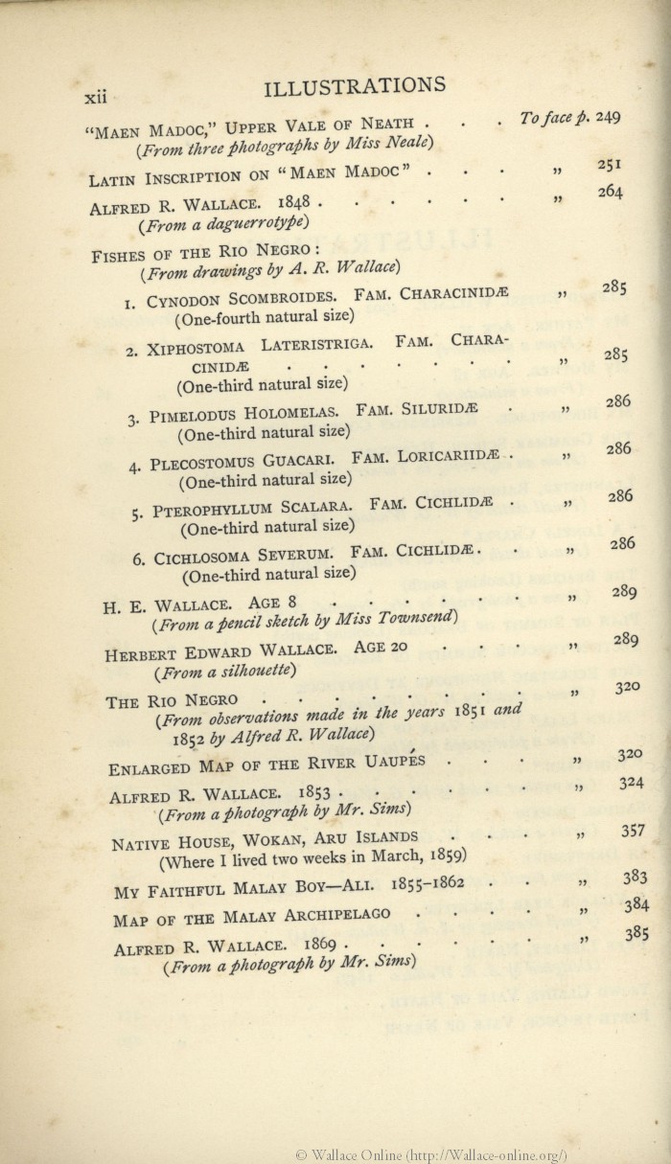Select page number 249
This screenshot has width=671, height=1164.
pyautogui.click(x=608, y=117)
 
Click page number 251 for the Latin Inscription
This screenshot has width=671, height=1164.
pyautogui.click(x=610, y=164)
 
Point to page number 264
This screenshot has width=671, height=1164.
pyautogui.click(x=610, y=192)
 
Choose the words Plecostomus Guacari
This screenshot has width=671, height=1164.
pyautogui.click(x=244, y=461)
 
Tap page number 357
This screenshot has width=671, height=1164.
pyautogui.click(x=633, y=830)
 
